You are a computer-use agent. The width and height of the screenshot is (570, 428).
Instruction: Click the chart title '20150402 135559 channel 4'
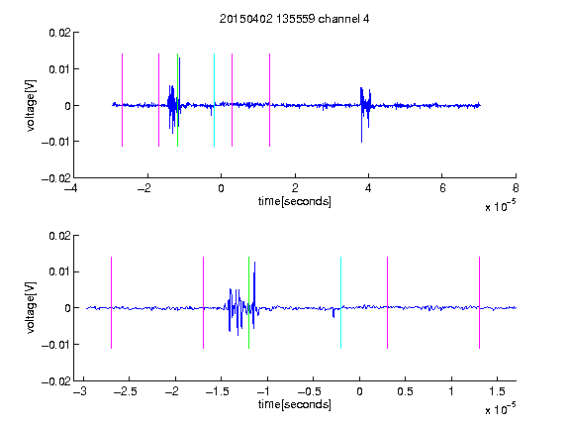(x=294, y=19)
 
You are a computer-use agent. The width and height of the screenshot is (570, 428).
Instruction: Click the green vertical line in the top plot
(x=177, y=100)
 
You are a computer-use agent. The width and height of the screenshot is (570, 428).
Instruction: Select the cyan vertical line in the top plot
(x=214, y=100)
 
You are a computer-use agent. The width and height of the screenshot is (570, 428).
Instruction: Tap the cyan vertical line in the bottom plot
(x=340, y=303)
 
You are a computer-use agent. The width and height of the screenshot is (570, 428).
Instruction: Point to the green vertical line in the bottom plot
(x=248, y=303)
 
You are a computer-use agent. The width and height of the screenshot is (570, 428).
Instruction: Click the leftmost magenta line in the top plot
(x=122, y=100)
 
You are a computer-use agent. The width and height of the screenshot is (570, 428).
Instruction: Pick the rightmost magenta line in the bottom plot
(x=479, y=303)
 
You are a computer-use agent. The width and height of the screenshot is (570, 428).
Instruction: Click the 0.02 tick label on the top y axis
(x=59, y=33)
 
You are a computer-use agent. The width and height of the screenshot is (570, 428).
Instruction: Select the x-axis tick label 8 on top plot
(x=516, y=188)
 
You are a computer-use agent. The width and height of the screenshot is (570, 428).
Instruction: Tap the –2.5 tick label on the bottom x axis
(x=125, y=391)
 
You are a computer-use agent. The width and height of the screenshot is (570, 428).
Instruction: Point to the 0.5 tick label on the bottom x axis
(x=406, y=391)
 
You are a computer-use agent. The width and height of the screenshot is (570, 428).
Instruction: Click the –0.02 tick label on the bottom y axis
(x=56, y=381)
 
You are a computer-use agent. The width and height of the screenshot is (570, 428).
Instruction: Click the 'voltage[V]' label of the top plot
(x=31, y=106)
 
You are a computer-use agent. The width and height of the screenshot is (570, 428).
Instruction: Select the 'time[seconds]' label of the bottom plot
(x=295, y=404)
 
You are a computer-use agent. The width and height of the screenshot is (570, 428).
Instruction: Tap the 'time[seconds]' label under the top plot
(x=295, y=201)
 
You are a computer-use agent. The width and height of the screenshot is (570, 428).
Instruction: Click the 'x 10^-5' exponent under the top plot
(x=500, y=206)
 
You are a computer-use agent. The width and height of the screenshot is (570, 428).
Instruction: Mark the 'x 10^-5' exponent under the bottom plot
(x=500, y=409)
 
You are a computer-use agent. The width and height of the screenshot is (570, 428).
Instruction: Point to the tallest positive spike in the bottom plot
(x=255, y=263)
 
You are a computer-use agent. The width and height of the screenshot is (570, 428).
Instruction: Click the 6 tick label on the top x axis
(x=442, y=188)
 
